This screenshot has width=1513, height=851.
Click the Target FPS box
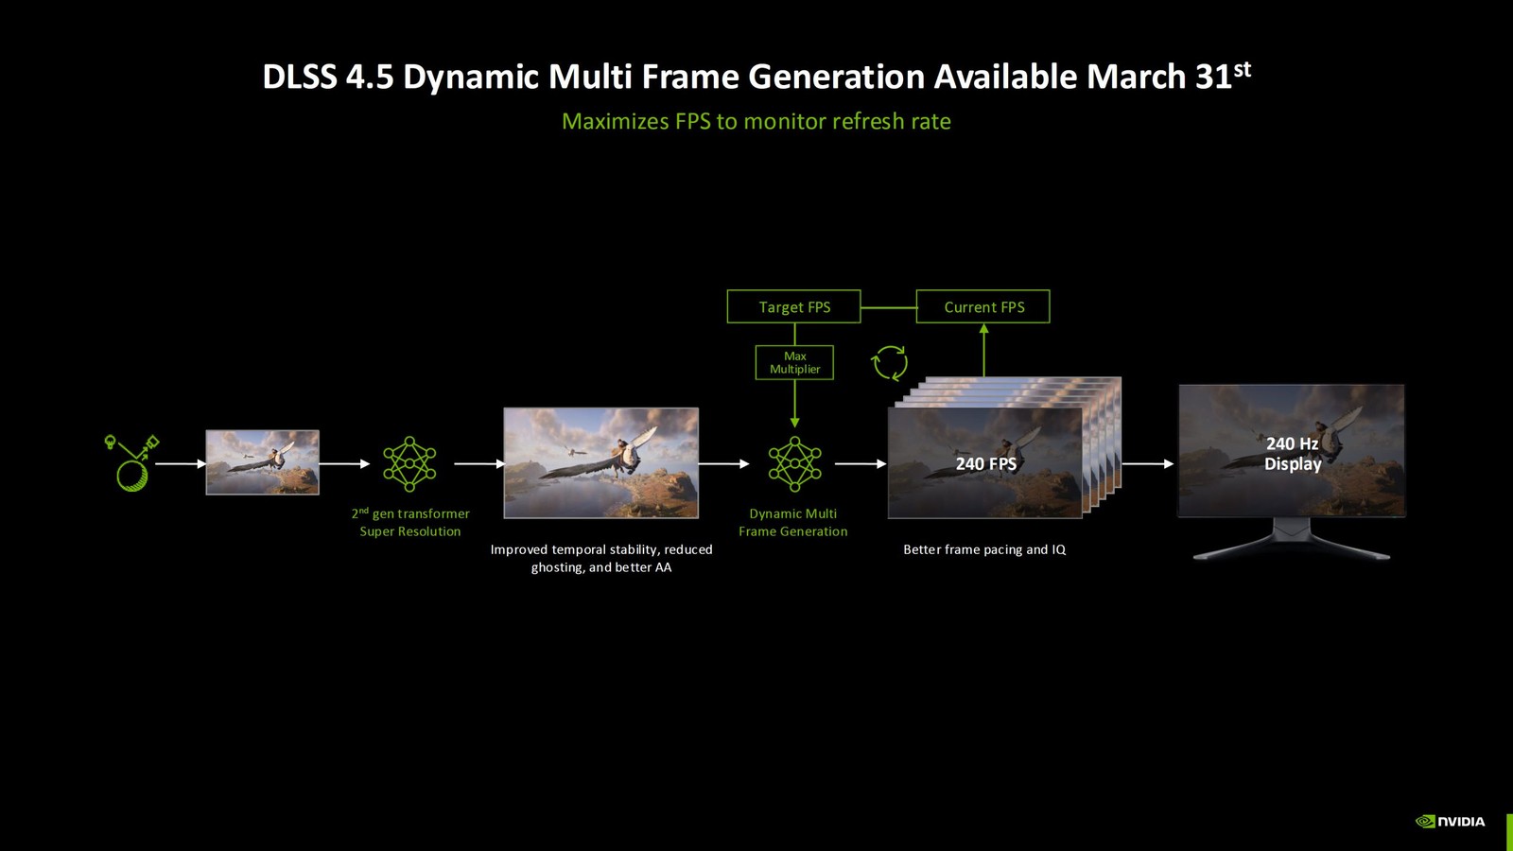pos(793,306)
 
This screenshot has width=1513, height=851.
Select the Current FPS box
pos(983,306)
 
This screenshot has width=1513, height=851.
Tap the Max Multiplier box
pos(794,363)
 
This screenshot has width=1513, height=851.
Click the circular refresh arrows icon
pos(889,362)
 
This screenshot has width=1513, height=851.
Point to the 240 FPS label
pos(985,463)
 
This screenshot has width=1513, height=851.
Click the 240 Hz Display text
pos(1292,454)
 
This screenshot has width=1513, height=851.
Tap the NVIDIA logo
pos(1450,821)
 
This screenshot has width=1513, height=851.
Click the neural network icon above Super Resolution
pos(409,463)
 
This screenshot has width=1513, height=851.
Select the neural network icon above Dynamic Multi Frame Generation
pos(794,463)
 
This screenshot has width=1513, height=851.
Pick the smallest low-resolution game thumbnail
pos(262,462)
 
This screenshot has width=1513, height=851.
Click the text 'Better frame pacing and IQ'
pos(984,549)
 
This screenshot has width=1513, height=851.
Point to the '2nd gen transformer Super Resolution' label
pos(410,522)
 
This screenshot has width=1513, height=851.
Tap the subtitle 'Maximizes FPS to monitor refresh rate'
pos(756,121)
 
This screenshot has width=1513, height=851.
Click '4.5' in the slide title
pos(369,78)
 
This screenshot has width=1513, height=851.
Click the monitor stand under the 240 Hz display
pos(1292,539)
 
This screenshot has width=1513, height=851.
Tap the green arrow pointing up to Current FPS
pos(983,350)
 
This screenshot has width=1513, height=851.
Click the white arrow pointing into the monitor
pos(1147,463)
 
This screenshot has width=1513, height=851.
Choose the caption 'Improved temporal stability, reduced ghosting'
pos(601,558)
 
